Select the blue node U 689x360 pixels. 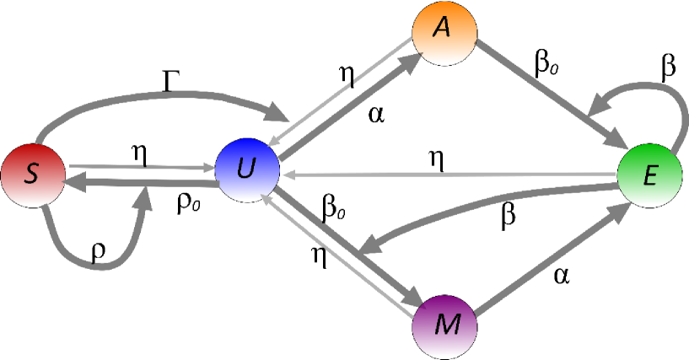[x=246, y=169]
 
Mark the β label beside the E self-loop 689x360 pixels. [x=668, y=72]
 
